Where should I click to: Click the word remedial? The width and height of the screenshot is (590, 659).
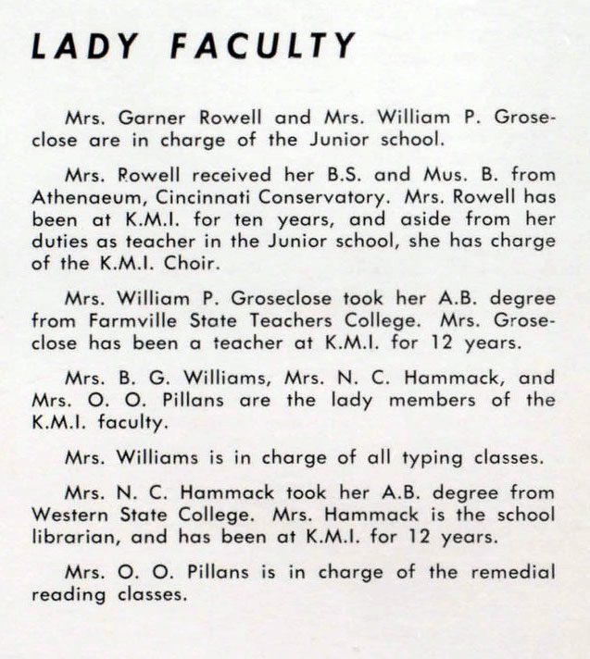click(x=516, y=572)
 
